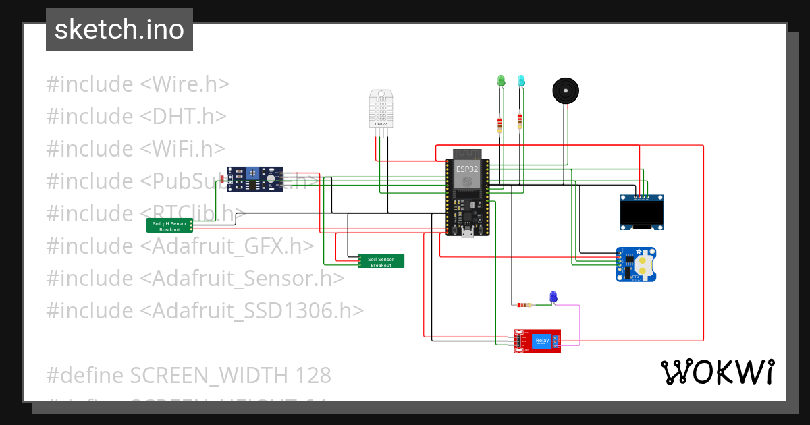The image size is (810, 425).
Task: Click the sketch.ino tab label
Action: coord(119,30)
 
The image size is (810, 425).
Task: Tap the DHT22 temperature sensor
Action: coord(381,108)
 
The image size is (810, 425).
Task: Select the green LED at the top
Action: coord(501,81)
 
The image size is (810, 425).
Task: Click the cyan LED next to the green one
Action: coord(521,81)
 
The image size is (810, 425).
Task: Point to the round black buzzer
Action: coord(566,90)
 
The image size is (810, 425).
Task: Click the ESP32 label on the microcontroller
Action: coord(466,169)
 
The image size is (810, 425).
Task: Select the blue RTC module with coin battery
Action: coord(636,264)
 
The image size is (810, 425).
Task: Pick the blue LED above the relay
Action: coord(553,296)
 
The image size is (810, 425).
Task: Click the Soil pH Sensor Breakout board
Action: coord(169,226)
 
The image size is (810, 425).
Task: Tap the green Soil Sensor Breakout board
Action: coord(381,262)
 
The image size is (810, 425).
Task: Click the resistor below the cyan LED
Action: coord(519,121)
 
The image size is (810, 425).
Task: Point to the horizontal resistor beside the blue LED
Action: coord(523,305)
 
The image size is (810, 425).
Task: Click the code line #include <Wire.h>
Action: coord(138,84)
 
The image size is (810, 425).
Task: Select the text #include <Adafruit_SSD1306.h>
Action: coord(205,310)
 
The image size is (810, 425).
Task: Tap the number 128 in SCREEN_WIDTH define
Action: coord(311,375)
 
